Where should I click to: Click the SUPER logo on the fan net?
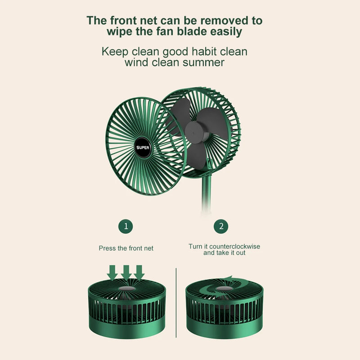(144, 147)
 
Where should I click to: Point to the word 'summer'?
(203, 63)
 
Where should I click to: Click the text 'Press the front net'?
(126, 248)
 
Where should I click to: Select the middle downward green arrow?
(126, 271)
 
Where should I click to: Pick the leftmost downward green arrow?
(113, 271)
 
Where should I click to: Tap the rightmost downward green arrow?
(139, 271)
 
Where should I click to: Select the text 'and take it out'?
(224, 253)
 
